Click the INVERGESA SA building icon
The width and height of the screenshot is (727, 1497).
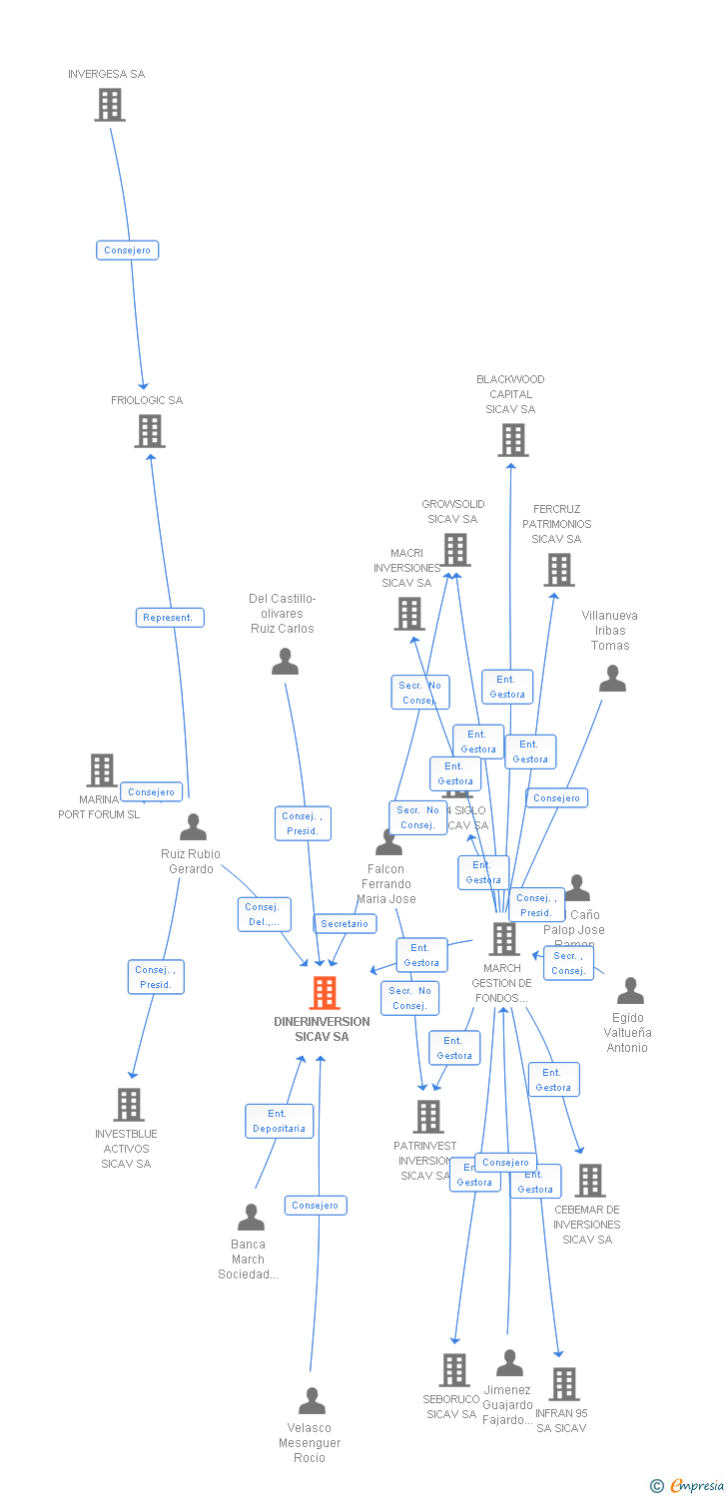click(110, 105)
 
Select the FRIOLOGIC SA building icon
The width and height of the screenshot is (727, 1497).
click(150, 431)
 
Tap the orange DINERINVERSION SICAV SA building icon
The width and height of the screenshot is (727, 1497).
click(324, 993)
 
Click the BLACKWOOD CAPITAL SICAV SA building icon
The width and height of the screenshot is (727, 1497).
click(512, 440)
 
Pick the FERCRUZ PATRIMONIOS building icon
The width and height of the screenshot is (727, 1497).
click(558, 570)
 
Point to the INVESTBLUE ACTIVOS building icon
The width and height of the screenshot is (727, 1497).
click(129, 1105)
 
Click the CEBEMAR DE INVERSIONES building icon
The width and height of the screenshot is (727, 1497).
click(589, 1181)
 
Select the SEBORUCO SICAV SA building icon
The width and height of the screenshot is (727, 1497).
click(453, 1370)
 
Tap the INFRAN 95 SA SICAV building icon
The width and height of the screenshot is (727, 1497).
click(564, 1384)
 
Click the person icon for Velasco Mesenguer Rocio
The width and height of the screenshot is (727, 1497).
click(312, 1401)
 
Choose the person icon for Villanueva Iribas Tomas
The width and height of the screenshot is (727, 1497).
click(612, 679)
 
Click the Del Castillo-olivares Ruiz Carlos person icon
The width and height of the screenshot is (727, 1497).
click(285, 662)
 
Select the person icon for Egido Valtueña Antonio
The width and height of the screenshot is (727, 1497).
click(630, 991)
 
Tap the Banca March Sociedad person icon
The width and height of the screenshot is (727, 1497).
click(251, 1217)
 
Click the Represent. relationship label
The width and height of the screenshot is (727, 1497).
click(170, 618)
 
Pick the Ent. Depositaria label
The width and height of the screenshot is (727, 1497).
click(280, 1121)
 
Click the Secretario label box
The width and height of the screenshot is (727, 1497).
click(345, 924)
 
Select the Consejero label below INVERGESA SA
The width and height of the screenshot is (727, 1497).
click(128, 250)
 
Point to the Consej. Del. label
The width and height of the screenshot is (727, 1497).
click(265, 914)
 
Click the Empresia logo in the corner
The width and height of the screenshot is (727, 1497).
click(689, 1486)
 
